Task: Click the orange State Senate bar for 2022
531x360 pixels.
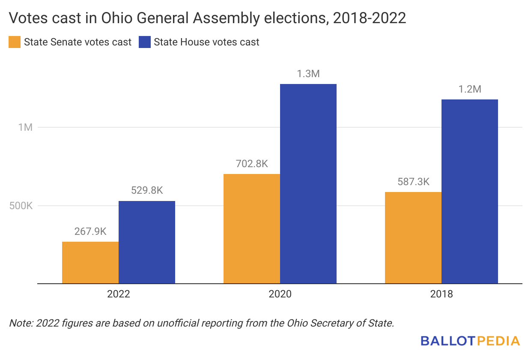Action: tap(90, 262)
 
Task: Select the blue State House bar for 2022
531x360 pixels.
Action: tap(147, 242)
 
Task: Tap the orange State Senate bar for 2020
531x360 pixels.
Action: tap(252, 228)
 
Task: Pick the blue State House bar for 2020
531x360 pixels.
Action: tap(308, 183)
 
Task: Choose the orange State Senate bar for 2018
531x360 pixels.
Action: tap(413, 237)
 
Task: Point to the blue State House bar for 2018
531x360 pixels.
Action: tap(470, 191)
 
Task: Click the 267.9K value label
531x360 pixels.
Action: tap(90, 231)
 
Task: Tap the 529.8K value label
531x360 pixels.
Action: tap(147, 191)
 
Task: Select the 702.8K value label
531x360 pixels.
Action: tap(252, 164)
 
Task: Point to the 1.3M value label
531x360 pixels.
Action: tap(308, 74)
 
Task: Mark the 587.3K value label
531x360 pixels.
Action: tap(413, 182)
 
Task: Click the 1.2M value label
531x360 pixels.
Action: tap(470, 89)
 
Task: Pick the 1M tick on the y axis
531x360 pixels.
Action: tap(25, 127)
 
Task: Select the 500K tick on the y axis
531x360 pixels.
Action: tap(21, 206)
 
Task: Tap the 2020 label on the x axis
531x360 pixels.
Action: tap(280, 294)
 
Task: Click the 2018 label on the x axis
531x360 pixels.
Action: tap(442, 294)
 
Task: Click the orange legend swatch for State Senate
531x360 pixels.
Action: tap(15, 42)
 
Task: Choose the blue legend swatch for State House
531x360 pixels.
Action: tap(145, 42)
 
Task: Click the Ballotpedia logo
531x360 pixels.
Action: tap(470, 341)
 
